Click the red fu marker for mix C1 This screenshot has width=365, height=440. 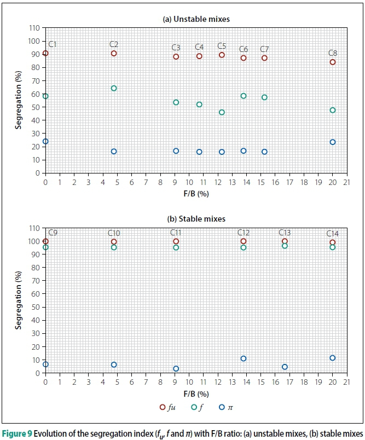tap(45, 53)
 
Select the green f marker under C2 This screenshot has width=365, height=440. tap(114, 88)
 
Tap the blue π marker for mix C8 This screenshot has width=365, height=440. tap(333, 142)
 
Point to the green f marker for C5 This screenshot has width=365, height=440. tap(222, 112)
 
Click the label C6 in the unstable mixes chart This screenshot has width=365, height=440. tap(244, 49)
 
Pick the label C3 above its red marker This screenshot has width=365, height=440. tap(176, 48)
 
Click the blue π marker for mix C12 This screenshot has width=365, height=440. tap(244, 358)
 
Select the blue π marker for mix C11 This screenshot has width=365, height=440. tap(176, 368)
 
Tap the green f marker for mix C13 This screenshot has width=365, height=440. tap(285, 246)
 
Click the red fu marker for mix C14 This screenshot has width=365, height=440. tap(333, 242)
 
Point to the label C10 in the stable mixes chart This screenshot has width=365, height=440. tap(114, 233)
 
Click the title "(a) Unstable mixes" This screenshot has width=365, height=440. tap(196, 19)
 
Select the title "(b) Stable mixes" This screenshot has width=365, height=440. tap(196, 219)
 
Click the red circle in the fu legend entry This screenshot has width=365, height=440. tap(162, 407)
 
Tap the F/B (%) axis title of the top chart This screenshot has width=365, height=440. tap(196, 193)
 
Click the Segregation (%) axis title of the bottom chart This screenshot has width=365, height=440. tap(19, 300)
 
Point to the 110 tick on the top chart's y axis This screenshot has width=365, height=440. tap(34, 28)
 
